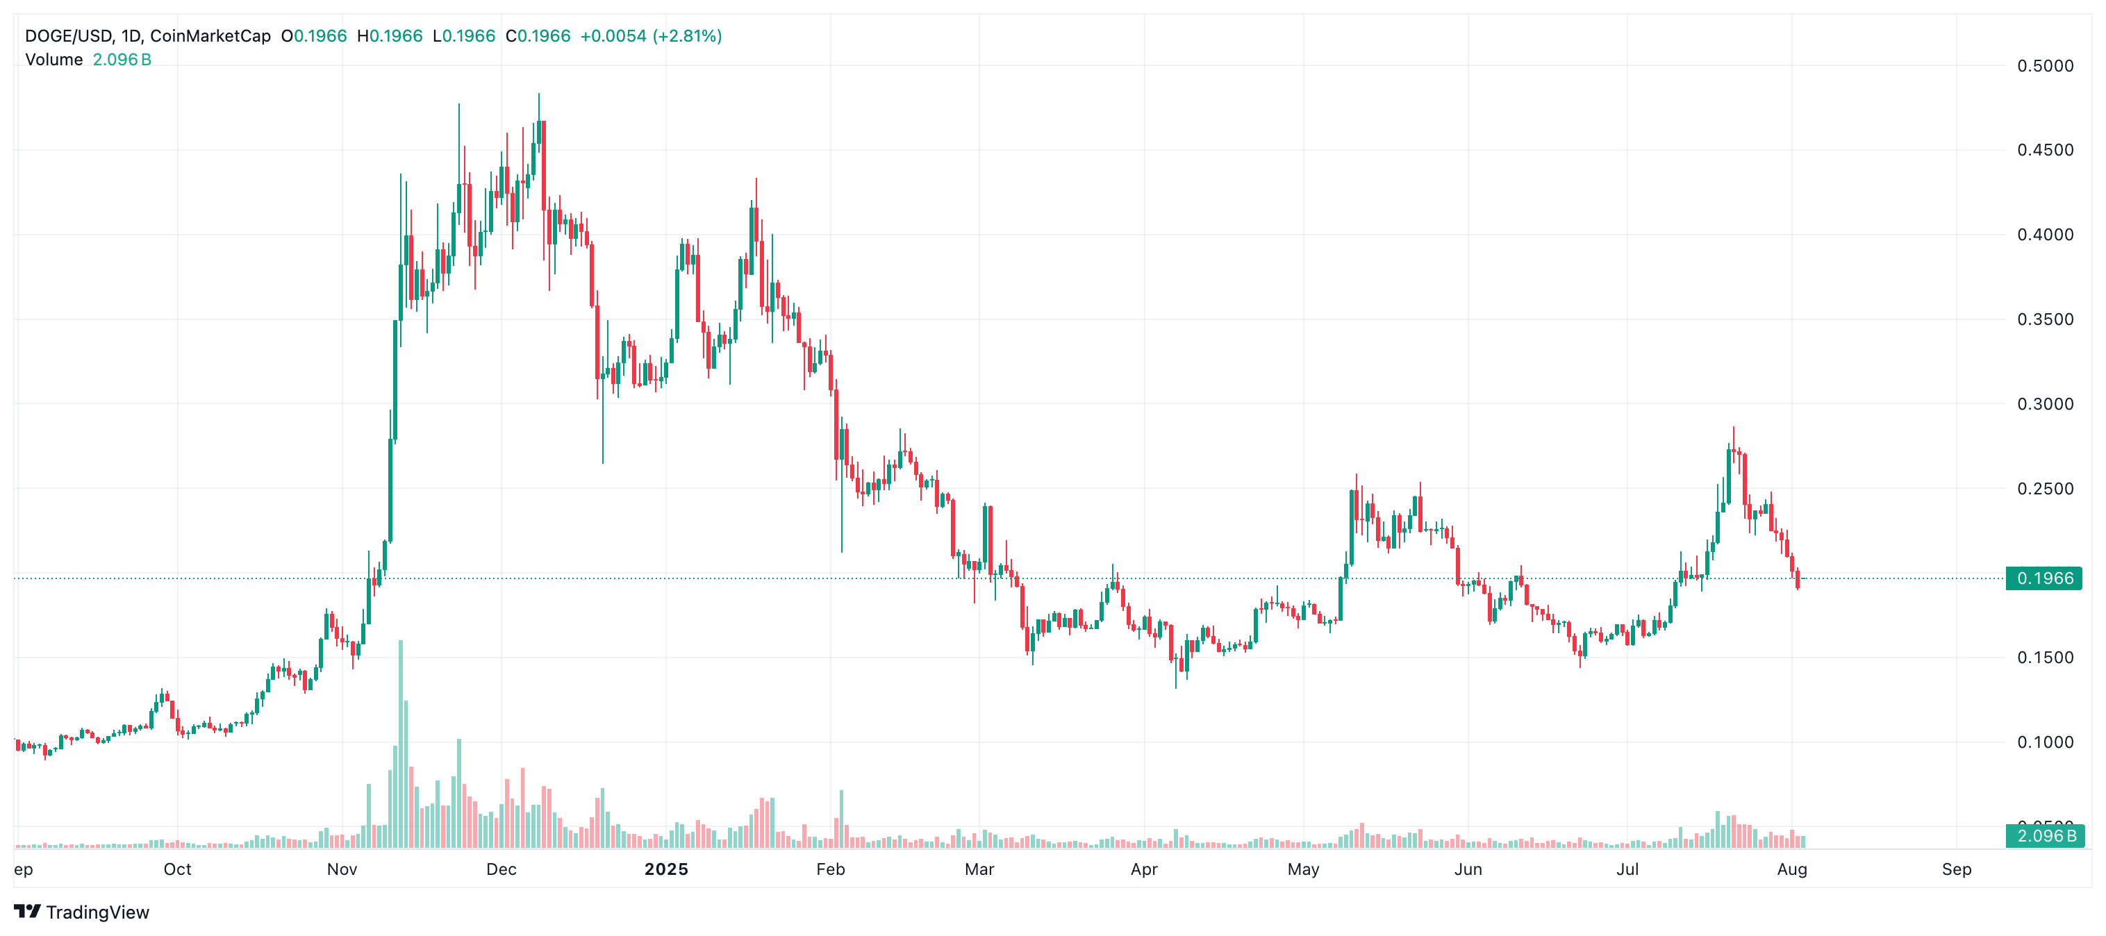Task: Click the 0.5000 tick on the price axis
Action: [2044, 66]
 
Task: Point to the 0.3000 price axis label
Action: [2044, 404]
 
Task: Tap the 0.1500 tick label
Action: [2044, 658]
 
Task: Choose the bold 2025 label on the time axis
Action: [666, 869]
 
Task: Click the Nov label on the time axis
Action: [342, 869]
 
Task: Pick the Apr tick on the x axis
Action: [1144, 869]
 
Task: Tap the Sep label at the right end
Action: [1957, 869]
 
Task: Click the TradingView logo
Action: [82, 912]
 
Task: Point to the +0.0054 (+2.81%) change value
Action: [651, 36]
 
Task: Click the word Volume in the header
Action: [54, 60]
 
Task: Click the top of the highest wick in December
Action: [539, 96]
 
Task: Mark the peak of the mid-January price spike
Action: [756, 180]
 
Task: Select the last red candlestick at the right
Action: [1797, 580]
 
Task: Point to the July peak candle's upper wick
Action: [1733, 430]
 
